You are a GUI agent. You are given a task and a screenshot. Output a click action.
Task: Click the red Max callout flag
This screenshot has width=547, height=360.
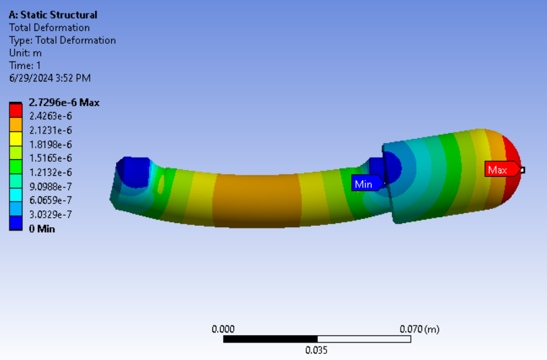[502, 169]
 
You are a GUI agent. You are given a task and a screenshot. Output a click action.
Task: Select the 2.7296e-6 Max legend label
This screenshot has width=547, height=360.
[64, 102]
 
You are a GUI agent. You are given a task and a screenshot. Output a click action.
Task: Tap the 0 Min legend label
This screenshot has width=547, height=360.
[42, 229]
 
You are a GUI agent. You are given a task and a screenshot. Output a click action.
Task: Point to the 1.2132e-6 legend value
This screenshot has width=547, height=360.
[51, 173]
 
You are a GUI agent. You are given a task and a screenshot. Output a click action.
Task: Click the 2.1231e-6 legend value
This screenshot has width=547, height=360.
[51, 131]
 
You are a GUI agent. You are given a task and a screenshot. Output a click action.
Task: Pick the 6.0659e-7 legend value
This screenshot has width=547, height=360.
[51, 200]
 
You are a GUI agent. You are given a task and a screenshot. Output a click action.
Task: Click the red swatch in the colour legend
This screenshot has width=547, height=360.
[16, 111]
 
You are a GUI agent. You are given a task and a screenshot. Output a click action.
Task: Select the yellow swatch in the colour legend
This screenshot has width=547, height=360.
[16, 139]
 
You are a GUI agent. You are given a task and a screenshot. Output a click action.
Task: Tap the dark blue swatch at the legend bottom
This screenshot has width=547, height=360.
[16, 223]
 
